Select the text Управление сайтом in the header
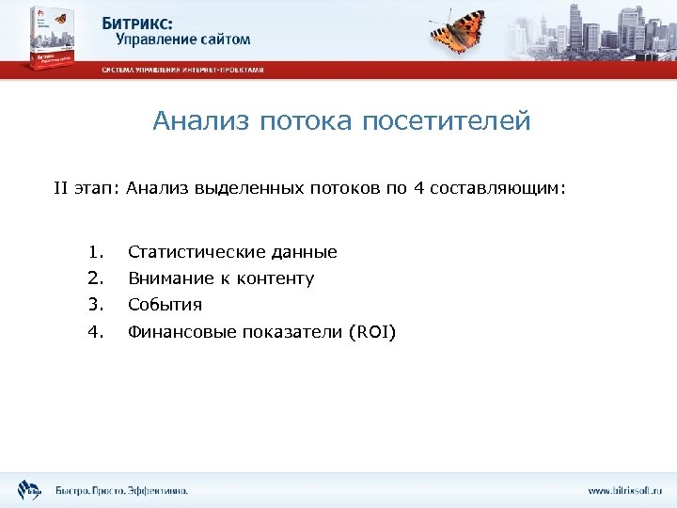click(x=183, y=40)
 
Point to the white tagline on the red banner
click(x=182, y=70)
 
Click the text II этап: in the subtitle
click(x=86, y=188)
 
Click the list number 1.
click(x=94, y=252)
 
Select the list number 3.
click(x=94, y=305)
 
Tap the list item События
click(x=165, y=305)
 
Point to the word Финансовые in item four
click(x=182, y=331)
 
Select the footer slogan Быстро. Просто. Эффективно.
click(x=121, y=490)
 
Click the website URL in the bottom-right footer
click(x=624, y=490)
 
